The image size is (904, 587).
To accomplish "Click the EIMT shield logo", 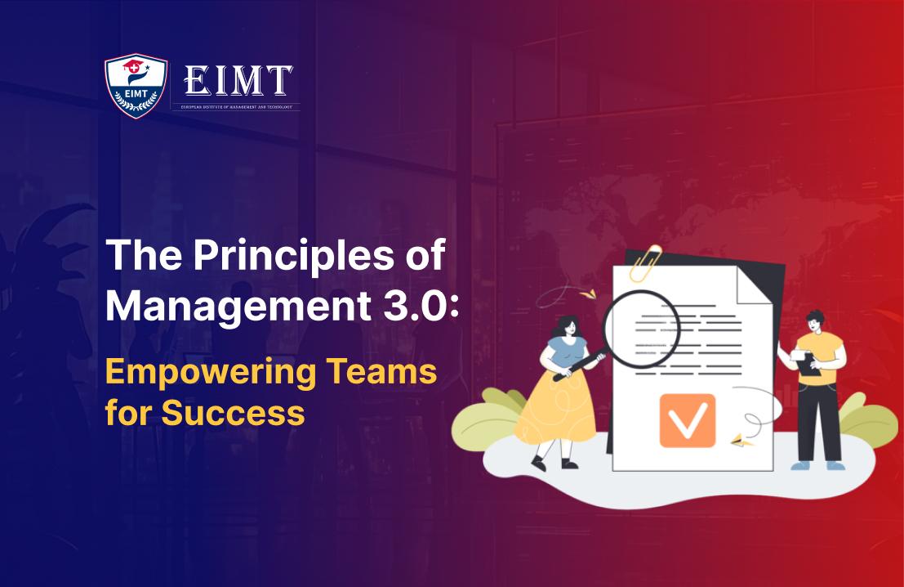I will click(x=136, y=85).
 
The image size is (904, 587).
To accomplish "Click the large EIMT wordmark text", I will click(x=238, y=81).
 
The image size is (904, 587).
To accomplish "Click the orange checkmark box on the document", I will click(x=687, y=420).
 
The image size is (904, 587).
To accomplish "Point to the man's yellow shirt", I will click(x=819, y=352).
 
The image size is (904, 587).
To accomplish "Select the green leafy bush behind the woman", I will click(x=487, y=424).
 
